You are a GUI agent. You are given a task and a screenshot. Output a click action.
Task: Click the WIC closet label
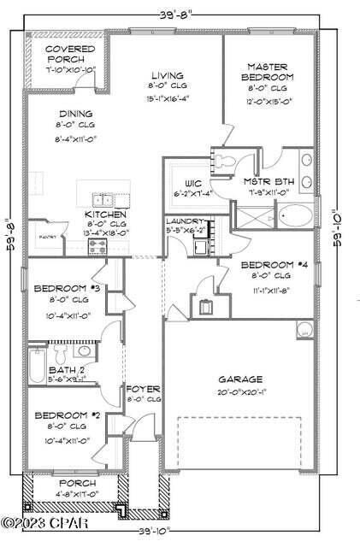click(x=193, y=182)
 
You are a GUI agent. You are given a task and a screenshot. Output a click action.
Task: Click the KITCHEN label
click(x=106, y=214)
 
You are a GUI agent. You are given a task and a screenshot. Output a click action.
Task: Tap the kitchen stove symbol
click(x=97, y=246)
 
